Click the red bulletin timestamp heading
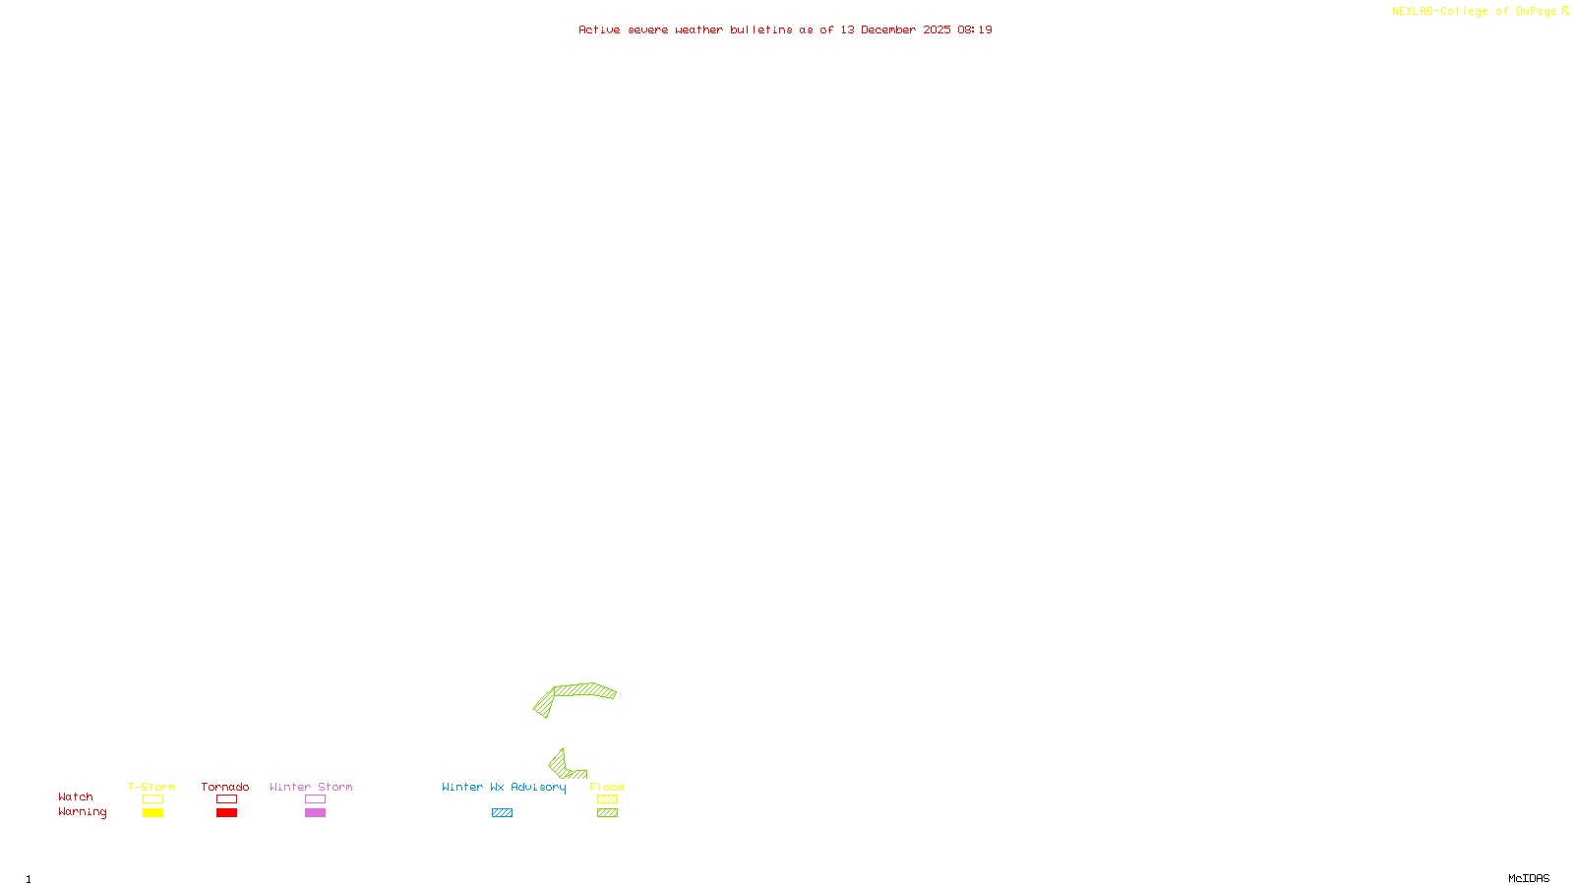(x=785, y=29)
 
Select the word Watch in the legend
(x=76, y=796)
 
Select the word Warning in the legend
(x=82, y=812)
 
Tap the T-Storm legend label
(x=151, y=787)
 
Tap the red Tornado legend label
(x=225, y=787)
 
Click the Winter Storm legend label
(x=311, y=787)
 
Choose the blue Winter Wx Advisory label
(x=504, y=787)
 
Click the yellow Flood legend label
(x=607, y=787)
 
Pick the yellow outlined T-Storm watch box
(x=152, y=799)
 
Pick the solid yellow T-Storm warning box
(x=152, y=813)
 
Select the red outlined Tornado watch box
(x=227, y=799)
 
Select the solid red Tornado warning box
(x=227, y=813)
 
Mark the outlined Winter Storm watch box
(x=315, y=799)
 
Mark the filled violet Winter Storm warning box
(x=315, y=813)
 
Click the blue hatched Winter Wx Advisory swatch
(x=502, y=813)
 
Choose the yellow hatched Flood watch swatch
(x=608, y=799)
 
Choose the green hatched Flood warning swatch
(x=608, y=813)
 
